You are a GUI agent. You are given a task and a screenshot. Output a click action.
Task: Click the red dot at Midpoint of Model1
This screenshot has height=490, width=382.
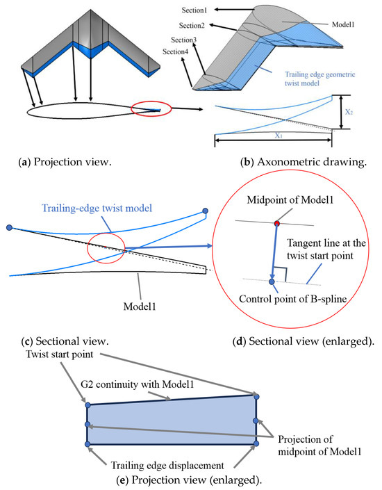point(277,224)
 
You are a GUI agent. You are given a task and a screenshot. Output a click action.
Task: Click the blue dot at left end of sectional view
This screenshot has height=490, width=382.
point(8,227)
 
